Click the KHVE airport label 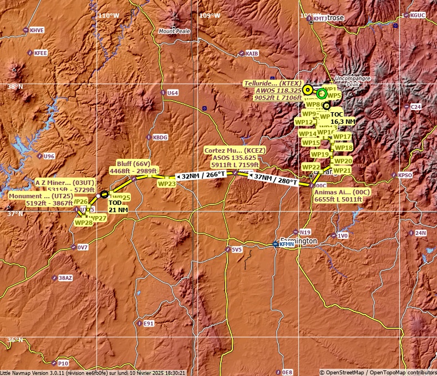(37, 30)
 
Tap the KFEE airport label (40, 53)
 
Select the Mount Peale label (174, 31)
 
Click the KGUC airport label (418, 16)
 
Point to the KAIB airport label (252, 53)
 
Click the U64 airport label (172, 93)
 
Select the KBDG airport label (160, 137)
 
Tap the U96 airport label (49, 156)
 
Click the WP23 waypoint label (167, 183)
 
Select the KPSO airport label (405, 175)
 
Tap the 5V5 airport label (237, 250)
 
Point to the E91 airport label (148, 323)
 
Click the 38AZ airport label (65, 278)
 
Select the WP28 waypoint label (83, 223)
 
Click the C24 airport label (415, 107)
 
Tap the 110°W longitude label (108, 16)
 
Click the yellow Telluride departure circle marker (308, 89)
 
